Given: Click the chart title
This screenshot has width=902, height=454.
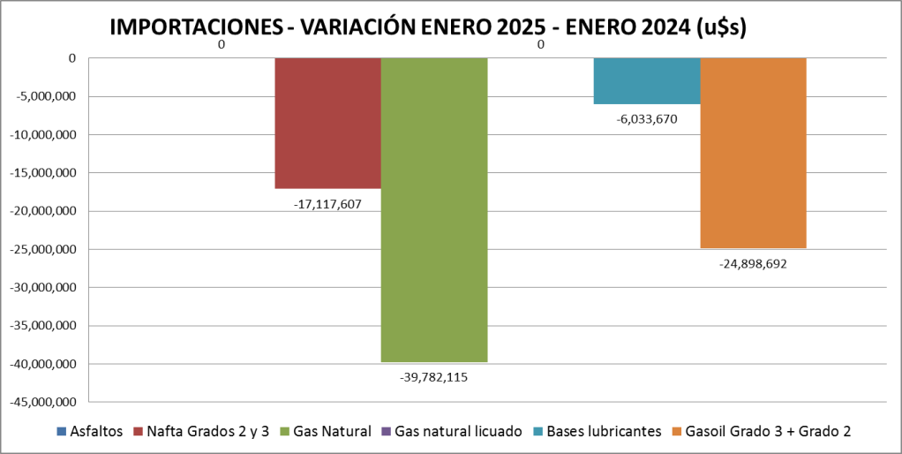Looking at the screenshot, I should pos(429,27).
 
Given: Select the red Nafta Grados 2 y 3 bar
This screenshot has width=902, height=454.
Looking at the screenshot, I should pos(327,123).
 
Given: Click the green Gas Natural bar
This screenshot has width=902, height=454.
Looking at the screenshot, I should pos(434,209).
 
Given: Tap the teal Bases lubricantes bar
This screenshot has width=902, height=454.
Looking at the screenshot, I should pos(647,80).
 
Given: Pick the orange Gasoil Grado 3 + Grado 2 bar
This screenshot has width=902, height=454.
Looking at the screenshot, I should pos(753,153).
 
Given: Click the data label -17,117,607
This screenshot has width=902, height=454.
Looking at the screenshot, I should pos(327,204).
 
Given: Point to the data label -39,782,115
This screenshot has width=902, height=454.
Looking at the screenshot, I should pos(434,377).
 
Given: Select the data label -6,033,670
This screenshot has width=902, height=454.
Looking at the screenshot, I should pos(647,118).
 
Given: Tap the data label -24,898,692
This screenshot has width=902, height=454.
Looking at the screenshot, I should pos(753,262).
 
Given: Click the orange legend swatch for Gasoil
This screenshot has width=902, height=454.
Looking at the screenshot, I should pos(677,431).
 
